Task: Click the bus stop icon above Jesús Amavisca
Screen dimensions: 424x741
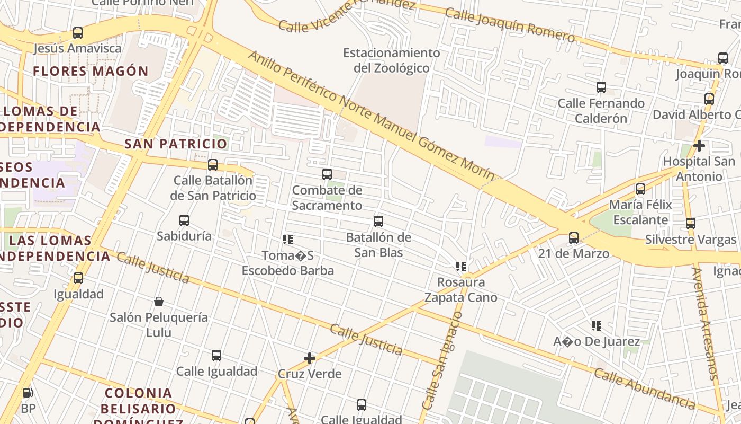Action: click(x=78, y=33)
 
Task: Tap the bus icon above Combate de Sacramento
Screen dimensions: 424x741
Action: click(x=327, y=174)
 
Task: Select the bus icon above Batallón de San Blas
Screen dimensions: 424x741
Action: click(x=378, y=222)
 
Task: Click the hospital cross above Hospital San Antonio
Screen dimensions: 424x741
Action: click(x=699, y=146)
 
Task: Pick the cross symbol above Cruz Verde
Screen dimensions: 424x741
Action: click(x=310, y=358)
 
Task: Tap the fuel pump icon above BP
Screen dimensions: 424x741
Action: click(x=28, y=393)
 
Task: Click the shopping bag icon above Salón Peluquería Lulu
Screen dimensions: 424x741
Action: click(x=158, y=302)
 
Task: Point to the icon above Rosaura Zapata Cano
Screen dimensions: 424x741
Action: click(x=461, y=267)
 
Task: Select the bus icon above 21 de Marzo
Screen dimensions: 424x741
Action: click(x=574, y=238)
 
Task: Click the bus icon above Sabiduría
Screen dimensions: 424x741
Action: click(x=184, y=220)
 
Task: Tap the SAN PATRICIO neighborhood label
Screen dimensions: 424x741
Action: click(x=176, y=144)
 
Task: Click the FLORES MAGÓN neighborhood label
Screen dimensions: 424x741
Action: click(x=91, y=71)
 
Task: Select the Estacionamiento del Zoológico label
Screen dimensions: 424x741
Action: click(x=391, y=60)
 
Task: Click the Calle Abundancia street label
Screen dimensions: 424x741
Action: click(x=644, y=388)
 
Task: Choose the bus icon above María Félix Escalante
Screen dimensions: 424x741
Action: click(x=640, y=189)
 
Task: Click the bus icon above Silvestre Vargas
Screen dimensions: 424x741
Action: click(x=691, y=224)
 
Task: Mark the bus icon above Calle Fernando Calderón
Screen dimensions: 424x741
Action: click(x=601, y=87)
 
